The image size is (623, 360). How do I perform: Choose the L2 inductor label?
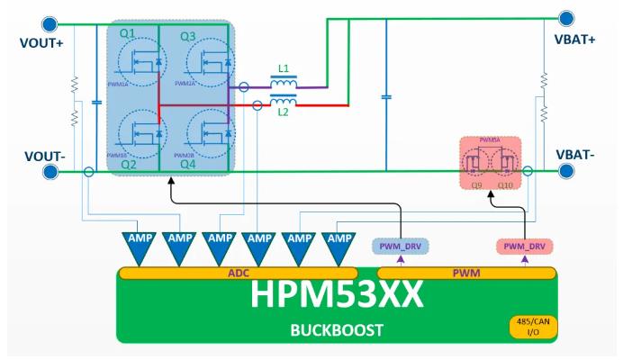[284, 112]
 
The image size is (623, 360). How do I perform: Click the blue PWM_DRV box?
[398, 246]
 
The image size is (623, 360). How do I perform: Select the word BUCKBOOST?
[336, 328]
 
